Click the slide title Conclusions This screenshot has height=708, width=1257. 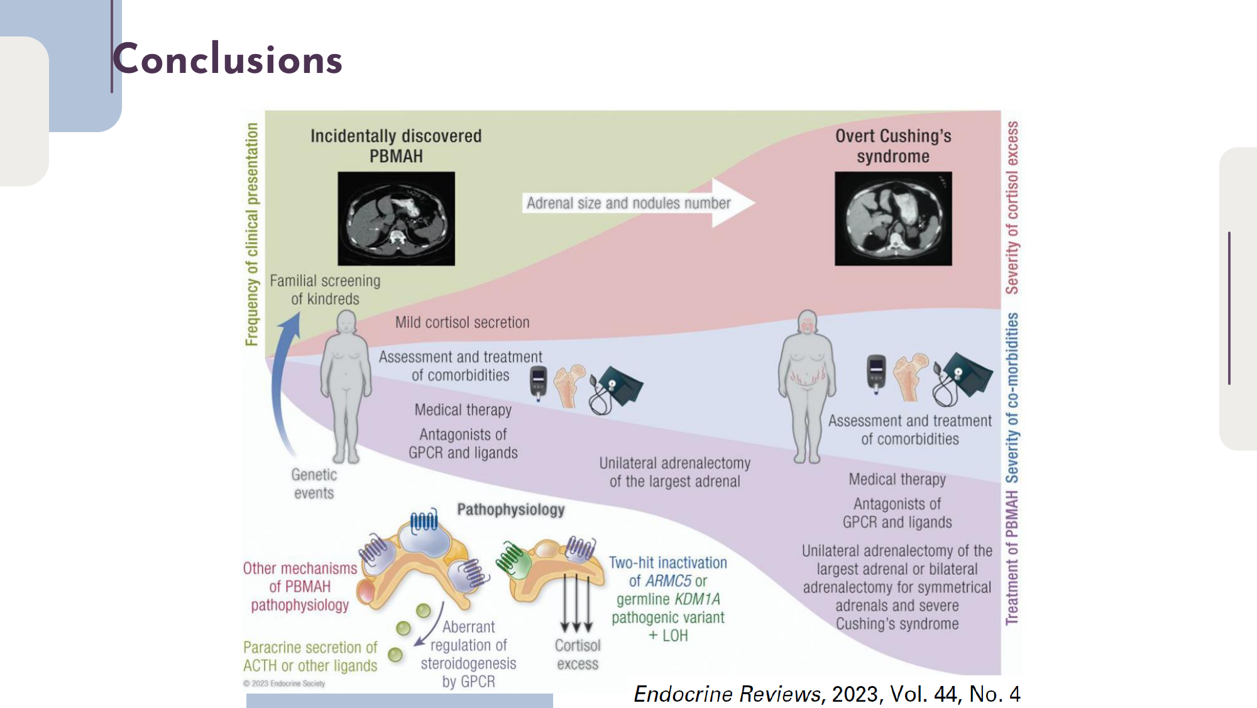228,60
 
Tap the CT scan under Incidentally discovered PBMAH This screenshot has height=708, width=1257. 396,218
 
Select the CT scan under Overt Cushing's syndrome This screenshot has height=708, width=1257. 892,218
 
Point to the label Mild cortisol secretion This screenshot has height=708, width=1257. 462,323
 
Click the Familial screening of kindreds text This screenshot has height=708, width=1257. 325,290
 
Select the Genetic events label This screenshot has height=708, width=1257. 314,484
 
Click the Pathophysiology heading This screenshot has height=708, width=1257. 510,509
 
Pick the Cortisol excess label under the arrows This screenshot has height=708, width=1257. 577,655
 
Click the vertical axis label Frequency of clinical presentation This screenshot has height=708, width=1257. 252,234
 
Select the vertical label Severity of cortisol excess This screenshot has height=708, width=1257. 1012,207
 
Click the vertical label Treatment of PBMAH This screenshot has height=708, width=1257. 1012,558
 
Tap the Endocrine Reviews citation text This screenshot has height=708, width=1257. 826,694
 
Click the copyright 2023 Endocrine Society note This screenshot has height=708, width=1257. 284,683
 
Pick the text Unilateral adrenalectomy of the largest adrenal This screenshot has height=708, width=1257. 674,472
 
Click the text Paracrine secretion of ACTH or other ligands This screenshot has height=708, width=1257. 310,656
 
